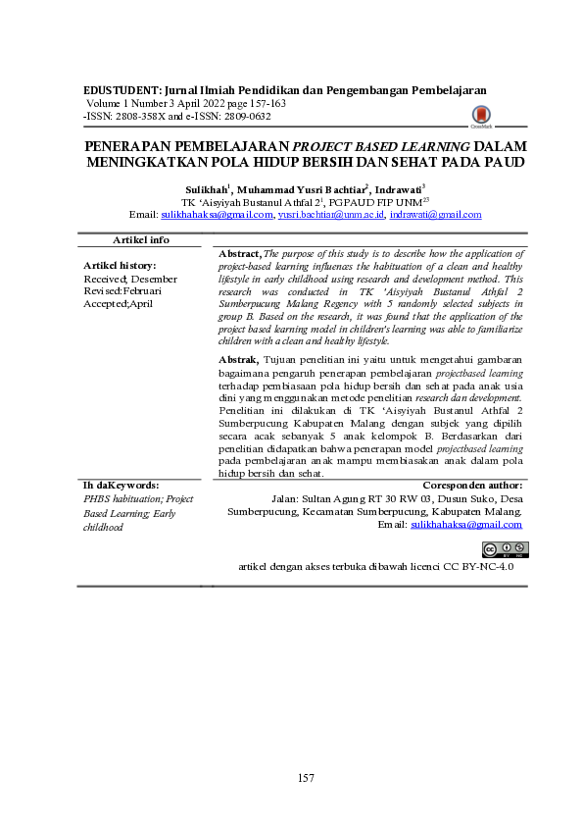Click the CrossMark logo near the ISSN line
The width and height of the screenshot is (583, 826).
[481, 119]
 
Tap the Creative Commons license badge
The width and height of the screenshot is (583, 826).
[502, 549]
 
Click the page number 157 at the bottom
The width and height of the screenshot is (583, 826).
[307, 778]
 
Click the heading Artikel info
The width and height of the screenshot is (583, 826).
[141, 239]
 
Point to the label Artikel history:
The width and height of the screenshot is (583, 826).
[121, 266]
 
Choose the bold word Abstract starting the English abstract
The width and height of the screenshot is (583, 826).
[241, 253]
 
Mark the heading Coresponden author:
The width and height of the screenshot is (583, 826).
[472, 486]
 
